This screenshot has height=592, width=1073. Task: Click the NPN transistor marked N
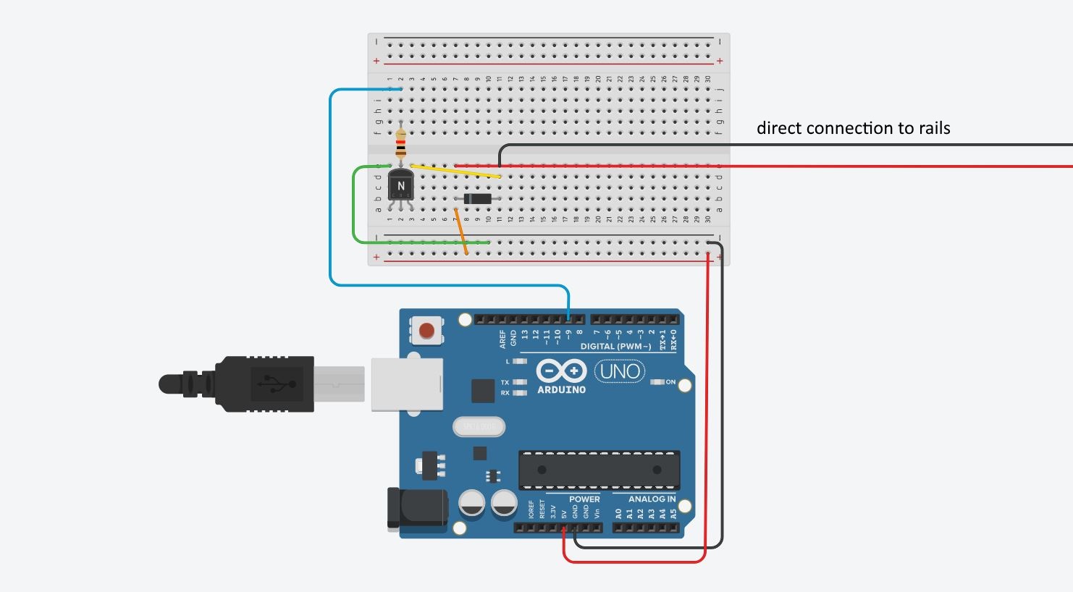[x=400, y=186]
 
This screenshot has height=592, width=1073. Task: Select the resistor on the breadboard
[x=400, y=143]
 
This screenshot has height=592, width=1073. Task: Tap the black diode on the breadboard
[x=477, y=199]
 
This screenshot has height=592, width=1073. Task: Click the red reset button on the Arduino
[x=426, y=331]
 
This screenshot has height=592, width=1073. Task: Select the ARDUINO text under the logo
[x=561, y=390]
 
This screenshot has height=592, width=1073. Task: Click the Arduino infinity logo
[x=561, y=371]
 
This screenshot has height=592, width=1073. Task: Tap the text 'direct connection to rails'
[x=853, y=128]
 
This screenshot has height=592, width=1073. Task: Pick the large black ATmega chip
[x=599, y=470]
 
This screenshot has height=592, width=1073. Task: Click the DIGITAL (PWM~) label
[x=615, y=347]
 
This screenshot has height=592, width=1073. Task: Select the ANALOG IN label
[x=652, y=499]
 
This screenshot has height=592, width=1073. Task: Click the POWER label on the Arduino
[x=584, y=499]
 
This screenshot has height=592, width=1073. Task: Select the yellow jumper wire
[x=456, y=171]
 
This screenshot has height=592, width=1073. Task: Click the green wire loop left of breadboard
[x=354, y=206]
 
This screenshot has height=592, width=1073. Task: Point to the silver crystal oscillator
[x=479, y=428]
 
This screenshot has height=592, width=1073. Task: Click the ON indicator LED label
[x=670, y=382]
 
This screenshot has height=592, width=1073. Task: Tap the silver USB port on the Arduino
[x=406, y=384]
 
